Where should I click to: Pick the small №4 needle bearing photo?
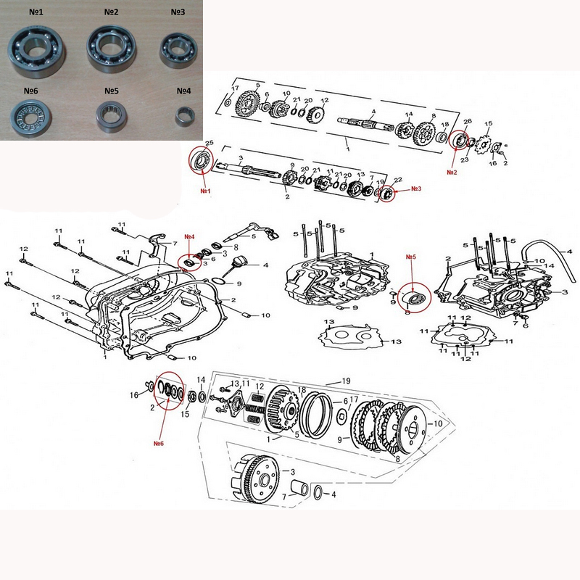pyautogui.click(x=186, y=117)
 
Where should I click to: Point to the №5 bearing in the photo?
pyautogui.click(x=112, y=117)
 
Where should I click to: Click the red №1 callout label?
pyautogui.click(x=205, y=191)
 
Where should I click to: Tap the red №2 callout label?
pyautogui.click(x=452, y=172)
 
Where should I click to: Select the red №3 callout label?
pyautogui.click(x=416, y=188)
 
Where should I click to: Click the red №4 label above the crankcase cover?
pyautogui.click(x=189, y=237)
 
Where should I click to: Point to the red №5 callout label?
pyautogui.click(x=411, y=257)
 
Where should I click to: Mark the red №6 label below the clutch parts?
pyautogui.click(x=158, y=443)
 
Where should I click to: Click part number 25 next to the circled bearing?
pyautogui.click(x=210, y=143)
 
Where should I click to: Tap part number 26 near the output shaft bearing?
pyautogui.click(x=468, y=121)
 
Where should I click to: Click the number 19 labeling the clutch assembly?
pyautogui.click(x=346, y=381)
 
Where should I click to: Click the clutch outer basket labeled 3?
pyautogui.click(x=255, y=479)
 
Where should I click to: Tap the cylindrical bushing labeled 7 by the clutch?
pyautogui.click(x=299, y=487)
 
